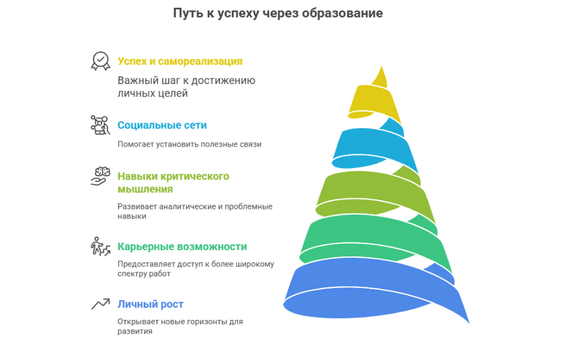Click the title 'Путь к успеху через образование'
[x=278, y=13]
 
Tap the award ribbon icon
[x=100, y=61]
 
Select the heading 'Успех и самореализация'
[x=180, y=62]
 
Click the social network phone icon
[x=100, y=125]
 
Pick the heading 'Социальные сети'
[x=162, y=125]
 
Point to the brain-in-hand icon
[x=100, y=176]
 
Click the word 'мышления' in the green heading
[x=145, y=189]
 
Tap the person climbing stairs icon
[x=100, y=246]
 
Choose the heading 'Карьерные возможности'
[x=182, y=247]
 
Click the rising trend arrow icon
[x=100, y=304]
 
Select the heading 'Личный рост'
[x=150, y=304]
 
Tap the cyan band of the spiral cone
[x=373, y=147]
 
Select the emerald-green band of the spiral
[x=373, y=237]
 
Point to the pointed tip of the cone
[x=381, y=66]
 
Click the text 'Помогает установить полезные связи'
[x=190, y=144]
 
